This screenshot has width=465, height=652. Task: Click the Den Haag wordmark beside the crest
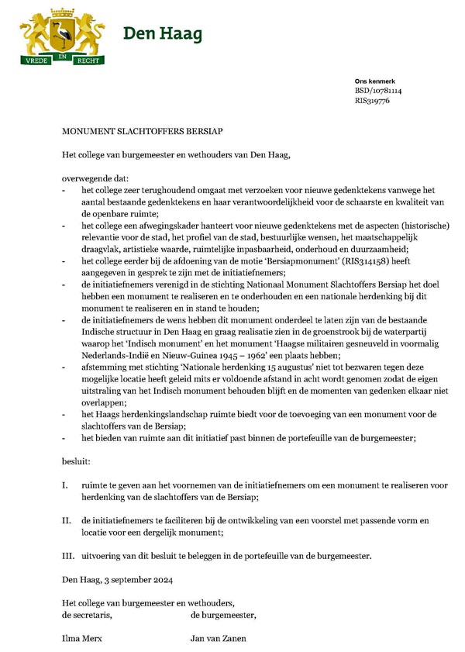tap(162, 34)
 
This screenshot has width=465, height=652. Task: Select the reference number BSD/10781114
tap(378, 91)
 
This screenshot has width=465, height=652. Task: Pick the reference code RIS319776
tap(372, 101)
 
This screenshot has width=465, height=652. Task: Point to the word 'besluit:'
tap(76, 461)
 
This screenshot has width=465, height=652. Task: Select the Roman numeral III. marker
tap(67, 556)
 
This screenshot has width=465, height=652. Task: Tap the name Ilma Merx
tap(81, 639)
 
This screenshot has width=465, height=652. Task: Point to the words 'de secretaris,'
tap(87, 615)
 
